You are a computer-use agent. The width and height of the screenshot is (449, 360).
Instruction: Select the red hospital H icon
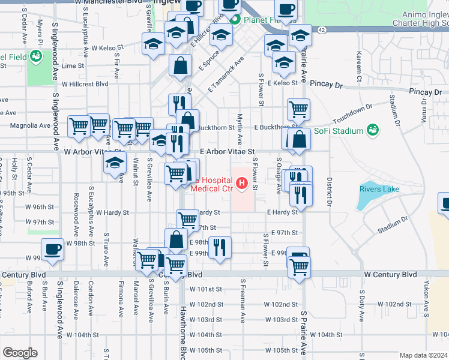[242, 182]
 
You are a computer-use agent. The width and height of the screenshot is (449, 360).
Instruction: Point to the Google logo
[19, 353]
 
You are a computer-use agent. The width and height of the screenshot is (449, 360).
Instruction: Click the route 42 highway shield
[322, 30]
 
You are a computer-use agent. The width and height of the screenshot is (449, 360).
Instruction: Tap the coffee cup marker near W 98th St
[52, 248]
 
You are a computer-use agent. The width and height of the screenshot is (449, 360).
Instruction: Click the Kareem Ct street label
[358, 67]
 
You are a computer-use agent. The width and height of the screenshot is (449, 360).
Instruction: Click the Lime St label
[73, 65]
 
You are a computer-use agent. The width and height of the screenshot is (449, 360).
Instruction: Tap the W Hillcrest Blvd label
[85, 85]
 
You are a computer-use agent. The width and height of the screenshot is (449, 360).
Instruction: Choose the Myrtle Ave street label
[240, 129]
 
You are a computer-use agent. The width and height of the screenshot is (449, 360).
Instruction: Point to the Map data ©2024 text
[424, 355]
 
